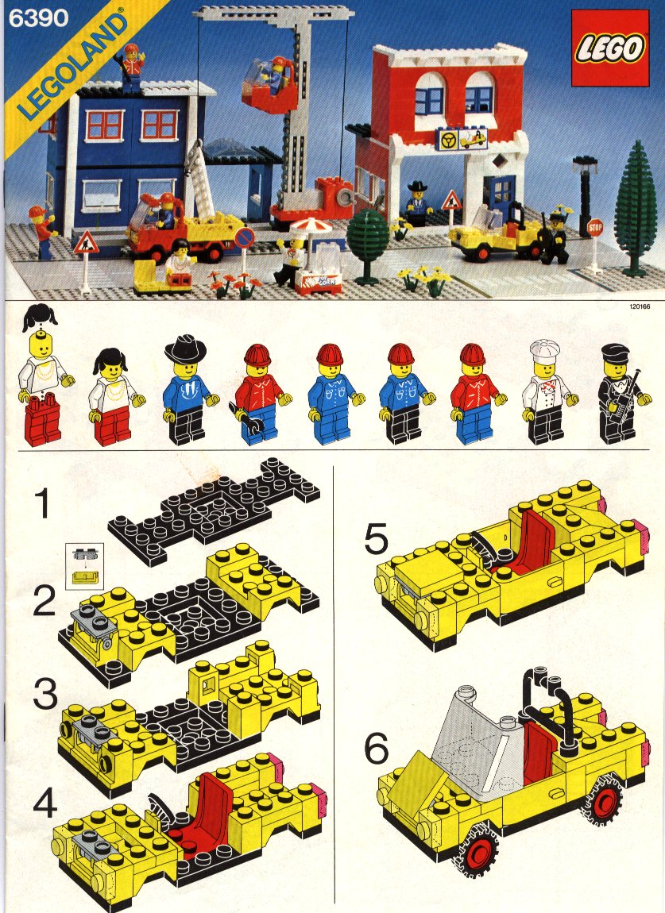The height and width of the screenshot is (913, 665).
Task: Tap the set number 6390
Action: [x=39, y=18]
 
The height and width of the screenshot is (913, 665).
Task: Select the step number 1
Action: [x=43, y=503]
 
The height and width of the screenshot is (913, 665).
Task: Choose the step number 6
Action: [x=377, y=748]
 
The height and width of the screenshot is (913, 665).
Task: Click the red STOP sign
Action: [x=595, y=227]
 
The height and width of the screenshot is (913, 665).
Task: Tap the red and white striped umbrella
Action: [x=311, y=227]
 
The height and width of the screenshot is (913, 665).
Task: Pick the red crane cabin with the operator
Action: [x=270, y=87]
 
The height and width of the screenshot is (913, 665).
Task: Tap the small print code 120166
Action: [x=640, y=306]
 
